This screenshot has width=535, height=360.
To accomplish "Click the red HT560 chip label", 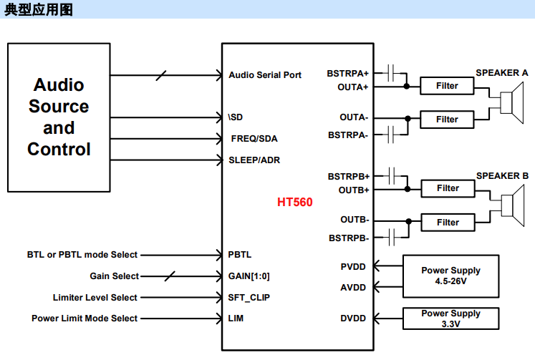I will (295, 203).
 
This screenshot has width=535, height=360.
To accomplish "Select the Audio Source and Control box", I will (59, 117).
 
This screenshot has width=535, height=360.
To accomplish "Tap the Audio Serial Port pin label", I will (265, 75).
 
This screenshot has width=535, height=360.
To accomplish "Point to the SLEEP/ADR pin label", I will (254, 160).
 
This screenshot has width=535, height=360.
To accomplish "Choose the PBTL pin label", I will (240, 255).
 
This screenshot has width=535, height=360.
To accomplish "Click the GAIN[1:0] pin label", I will (249, 276).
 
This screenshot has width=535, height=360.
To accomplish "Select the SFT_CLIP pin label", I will (249, 298).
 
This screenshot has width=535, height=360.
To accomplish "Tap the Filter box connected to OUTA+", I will (448, 86).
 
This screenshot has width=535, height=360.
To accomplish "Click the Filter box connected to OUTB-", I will (448, 223).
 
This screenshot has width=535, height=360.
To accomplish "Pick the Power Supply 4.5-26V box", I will (450, 276).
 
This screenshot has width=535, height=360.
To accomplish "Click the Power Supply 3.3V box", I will (450, 318).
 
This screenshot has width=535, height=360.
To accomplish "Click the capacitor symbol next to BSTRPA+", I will (391, 72).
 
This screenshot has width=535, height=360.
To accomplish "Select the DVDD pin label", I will (353, 318).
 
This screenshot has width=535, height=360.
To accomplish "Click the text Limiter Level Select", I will (95, 298).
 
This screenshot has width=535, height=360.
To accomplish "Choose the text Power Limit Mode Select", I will (85, 318).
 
